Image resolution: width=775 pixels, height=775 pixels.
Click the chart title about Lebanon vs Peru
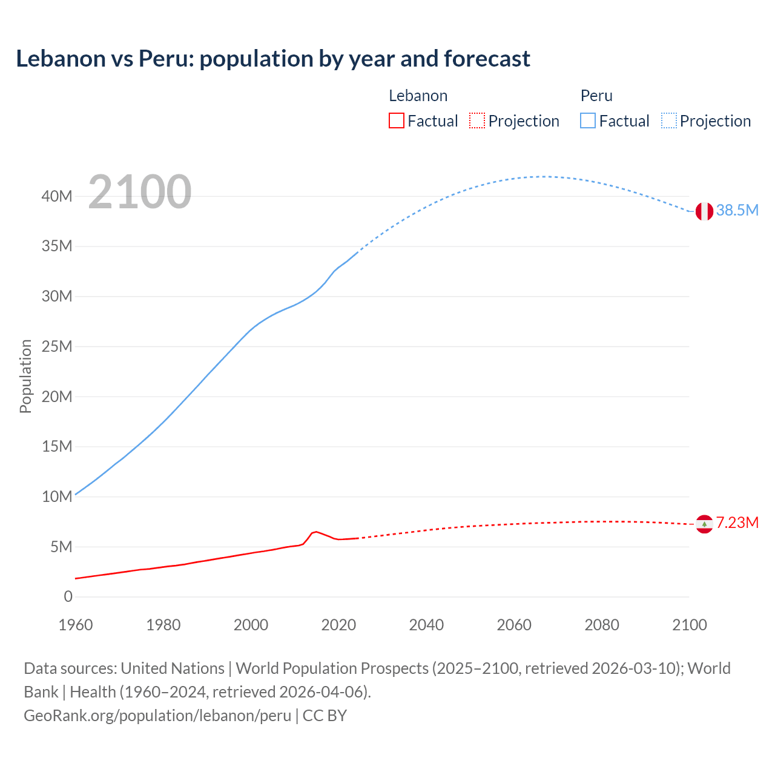tap(273, 59)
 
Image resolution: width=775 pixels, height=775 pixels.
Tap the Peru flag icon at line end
tap(704, 211)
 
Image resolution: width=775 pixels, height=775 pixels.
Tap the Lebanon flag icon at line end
tap(704, 524)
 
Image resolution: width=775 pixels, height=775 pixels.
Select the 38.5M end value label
tap(737, 211)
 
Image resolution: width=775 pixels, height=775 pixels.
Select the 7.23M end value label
tap(737, 523)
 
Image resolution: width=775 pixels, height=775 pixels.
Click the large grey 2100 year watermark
tap(140, 193)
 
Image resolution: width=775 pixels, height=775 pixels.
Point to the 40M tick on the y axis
tap(57, 196)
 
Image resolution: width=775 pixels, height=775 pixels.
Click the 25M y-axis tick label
tap(57, 346)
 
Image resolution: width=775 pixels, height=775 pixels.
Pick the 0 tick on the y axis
tap(68, 597)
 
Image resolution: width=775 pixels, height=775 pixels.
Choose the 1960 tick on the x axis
tap(76, 625)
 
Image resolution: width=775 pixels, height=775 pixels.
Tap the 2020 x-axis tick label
tap(338, 625)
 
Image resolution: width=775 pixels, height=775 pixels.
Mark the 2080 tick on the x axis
tap(602, 625)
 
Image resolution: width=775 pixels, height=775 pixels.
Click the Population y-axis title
tap(25, 376)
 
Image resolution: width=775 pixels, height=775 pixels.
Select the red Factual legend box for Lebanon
tap(396, 120)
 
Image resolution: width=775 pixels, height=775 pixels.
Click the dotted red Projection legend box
tap(477, 120)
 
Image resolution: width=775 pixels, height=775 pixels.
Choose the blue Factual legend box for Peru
tap(587, 120)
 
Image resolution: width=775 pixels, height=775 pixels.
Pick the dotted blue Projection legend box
tap(669, 120)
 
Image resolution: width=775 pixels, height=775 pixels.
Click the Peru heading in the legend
tap(596, 96)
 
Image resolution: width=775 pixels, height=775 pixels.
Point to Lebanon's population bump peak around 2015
tap(315, 532)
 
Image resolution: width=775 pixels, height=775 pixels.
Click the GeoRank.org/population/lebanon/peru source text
tap(157, 716)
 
